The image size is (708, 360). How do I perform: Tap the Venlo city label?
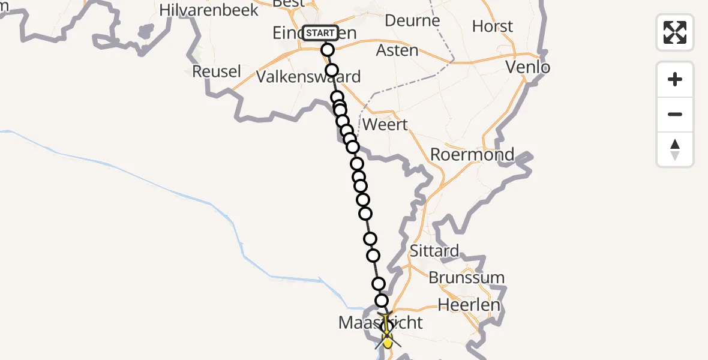click(x=528, y=67)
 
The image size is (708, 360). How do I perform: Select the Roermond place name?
click(x=472, y=155)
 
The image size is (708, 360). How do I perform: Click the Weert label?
click(x=386, y=125)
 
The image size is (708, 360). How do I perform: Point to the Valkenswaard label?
click(x=308, y=77)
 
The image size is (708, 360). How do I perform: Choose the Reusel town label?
click(x=216, y=71)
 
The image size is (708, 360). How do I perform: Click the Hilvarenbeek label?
click(x=209, y=10)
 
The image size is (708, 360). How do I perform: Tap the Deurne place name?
click(x=412, y=20)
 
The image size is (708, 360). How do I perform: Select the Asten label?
click(x=397, y=50)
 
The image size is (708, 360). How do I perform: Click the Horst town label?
click(x=493, y=26)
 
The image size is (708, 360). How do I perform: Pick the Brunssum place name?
click(x=466, y=278)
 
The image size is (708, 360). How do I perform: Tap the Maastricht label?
click(x=380, y=323)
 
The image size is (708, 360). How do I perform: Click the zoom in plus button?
click(x=675, y=79)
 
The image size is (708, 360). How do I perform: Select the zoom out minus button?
click(x=675, y=114)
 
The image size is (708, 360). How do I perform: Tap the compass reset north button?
click(x=675, y=149)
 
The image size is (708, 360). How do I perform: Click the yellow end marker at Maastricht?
click(x=388, y=343)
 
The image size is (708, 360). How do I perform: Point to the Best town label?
click(x=288, y=4)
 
